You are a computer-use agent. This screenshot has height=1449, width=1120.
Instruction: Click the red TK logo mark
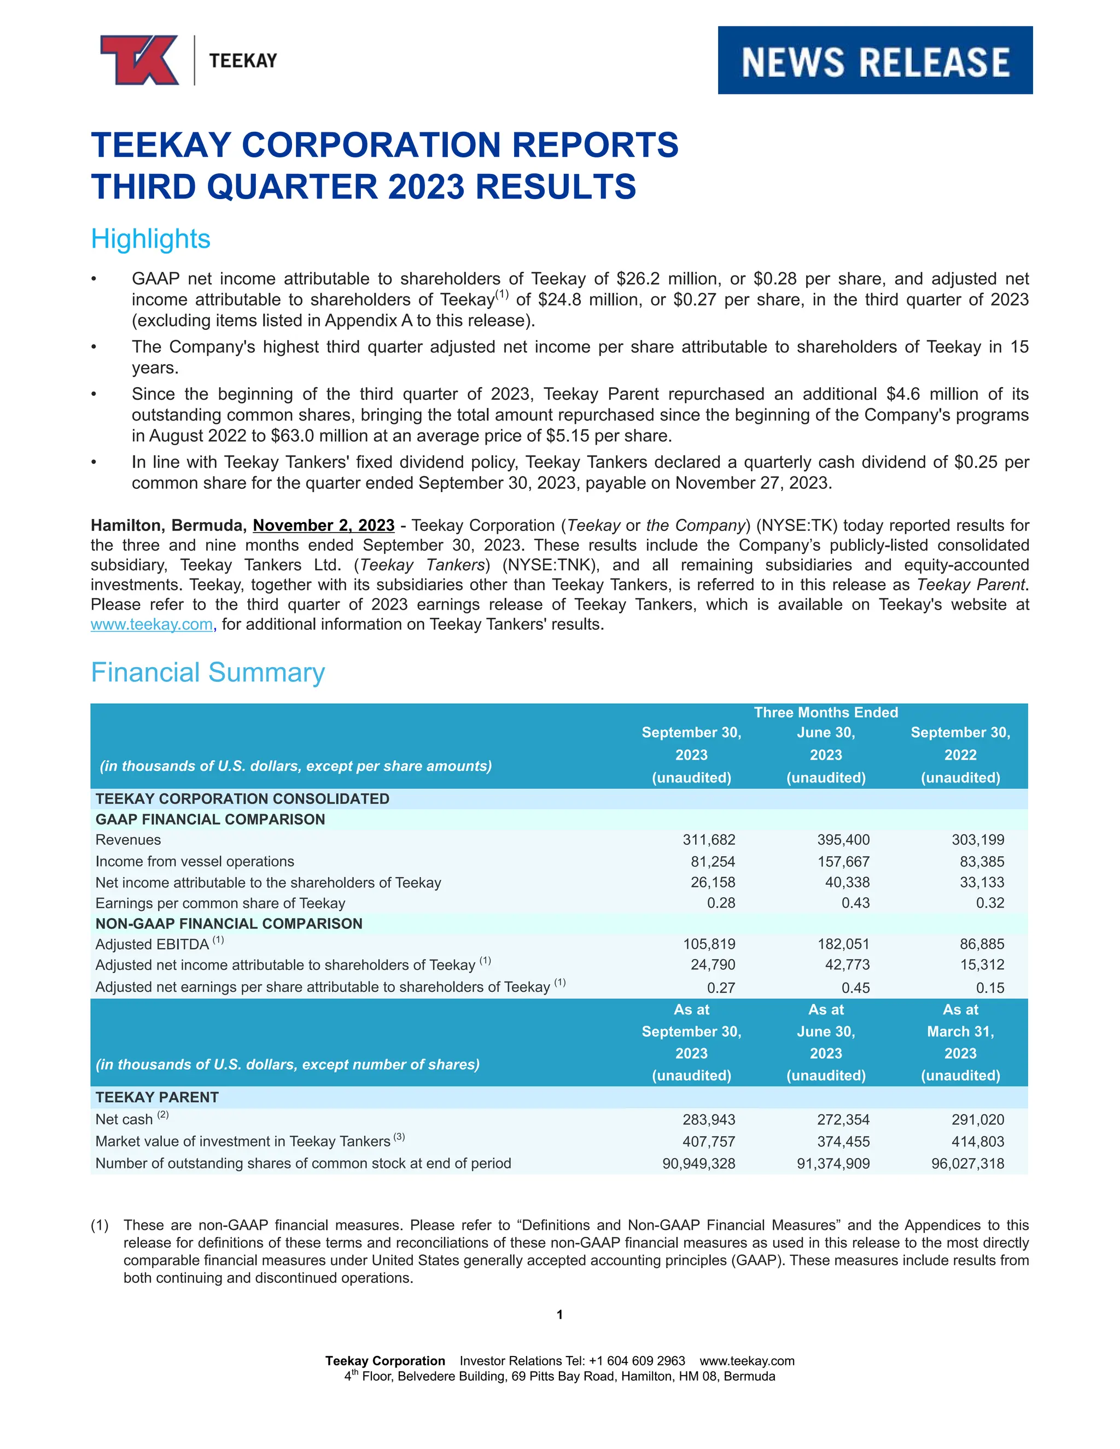click(x=139, y=60)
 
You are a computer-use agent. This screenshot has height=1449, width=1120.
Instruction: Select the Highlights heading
click(x=150, y=239)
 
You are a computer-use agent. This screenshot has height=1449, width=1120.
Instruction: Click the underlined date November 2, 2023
click(x=323, y=525)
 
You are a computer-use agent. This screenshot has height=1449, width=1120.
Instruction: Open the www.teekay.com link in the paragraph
click(x=151, y=624)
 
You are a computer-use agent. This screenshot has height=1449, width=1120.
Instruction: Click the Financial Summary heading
click(x=208, y=672)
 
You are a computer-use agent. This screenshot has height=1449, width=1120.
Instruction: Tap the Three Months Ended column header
click(x=825, y=712)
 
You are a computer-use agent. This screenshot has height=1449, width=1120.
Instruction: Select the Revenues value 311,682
click(x=709, y=840)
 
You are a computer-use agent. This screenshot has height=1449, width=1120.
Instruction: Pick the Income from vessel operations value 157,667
click(x=843, y=861)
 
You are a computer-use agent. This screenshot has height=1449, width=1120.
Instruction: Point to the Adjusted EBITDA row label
click(x=152, y=944)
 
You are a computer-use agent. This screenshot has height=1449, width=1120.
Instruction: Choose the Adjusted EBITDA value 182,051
click(x=843, y=944)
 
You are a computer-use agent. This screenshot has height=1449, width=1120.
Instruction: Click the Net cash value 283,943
click(x=709, y=1120)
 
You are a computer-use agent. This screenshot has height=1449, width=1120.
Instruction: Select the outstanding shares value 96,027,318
click(x=967, y=1164)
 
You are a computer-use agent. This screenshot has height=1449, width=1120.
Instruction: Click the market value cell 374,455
click(x=843, y=1142)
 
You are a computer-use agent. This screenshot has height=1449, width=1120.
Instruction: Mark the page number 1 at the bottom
click(x=559, y=1314)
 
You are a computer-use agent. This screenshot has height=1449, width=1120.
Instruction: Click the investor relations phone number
click(x=637, y=1361)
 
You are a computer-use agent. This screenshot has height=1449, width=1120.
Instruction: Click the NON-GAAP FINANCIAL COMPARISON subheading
click(x=229, y=924)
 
